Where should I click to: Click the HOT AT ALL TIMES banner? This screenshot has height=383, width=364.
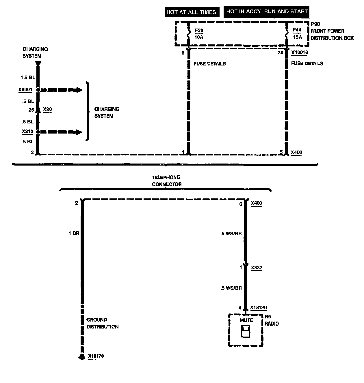[x=191, y=12]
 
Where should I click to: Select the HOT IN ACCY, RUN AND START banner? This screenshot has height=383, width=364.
[x=267, y=12]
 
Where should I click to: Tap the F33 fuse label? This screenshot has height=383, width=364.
[x=199, y=30]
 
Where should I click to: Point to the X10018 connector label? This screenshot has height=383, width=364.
[x=300, y=52]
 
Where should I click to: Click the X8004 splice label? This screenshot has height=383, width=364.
[x=25, y=90]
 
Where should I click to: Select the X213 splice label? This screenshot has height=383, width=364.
[x=28, y=132]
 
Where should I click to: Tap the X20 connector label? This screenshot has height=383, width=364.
[x=47, y=110]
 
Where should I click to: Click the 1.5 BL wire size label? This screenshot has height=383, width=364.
[x=28, y=78]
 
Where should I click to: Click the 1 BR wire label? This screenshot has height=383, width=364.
[x=74, y=233]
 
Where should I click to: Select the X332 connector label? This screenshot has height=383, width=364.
[x=257, y=268]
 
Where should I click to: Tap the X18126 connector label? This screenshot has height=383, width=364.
[x=259, y=307]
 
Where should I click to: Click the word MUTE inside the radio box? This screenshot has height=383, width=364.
[x=246, y=320]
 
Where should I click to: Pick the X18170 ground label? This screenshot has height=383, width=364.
[x=96, y=356]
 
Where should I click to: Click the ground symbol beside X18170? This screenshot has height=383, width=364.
[x=82, y=357]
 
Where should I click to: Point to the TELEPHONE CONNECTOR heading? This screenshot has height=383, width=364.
[x=166, y=181]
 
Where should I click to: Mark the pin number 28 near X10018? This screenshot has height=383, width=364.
[x=280, y=53]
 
